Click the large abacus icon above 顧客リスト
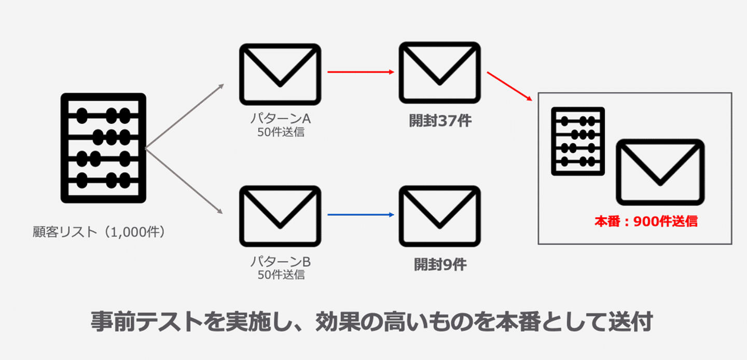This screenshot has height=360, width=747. click(x=103, y=148)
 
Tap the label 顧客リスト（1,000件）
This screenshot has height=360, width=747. click(x=99, y=231)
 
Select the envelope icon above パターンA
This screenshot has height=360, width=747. click(x=280, y=75)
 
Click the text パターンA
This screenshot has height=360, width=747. click(x=280, y=119)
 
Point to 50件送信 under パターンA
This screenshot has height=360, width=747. click(x=281, y=132)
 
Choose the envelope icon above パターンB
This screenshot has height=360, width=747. click(x=280, y=216)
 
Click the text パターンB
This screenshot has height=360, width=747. click(x=280, y=261)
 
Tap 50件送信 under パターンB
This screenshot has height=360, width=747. click(x=281, y=274)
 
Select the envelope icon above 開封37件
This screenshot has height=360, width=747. click(x=439, y=73)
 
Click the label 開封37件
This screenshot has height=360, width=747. click(x=440, y=121)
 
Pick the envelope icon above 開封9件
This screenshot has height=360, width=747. click(x=439, y=216)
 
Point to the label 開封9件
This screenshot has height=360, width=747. click(x=440, y=265)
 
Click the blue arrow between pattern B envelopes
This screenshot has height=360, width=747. click(x=360, y=214)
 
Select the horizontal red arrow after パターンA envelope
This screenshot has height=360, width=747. click(x=360, y=72)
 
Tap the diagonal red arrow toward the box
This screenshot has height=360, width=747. click(x=509, y=87)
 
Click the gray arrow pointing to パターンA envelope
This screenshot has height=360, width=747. click(x=184, y=116)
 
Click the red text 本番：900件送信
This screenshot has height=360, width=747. click(x=646, y=221)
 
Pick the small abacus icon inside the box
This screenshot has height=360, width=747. click(x=578, y=141)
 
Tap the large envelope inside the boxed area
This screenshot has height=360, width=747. click(x=660, y=172)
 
